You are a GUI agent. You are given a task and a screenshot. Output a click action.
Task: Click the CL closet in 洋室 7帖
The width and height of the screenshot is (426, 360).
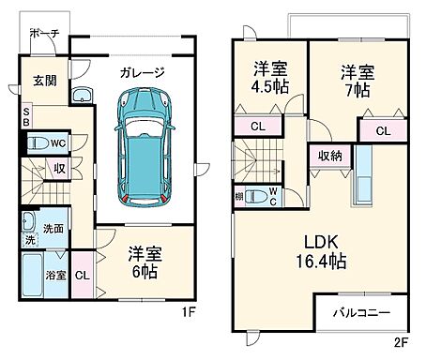[382, 132]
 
